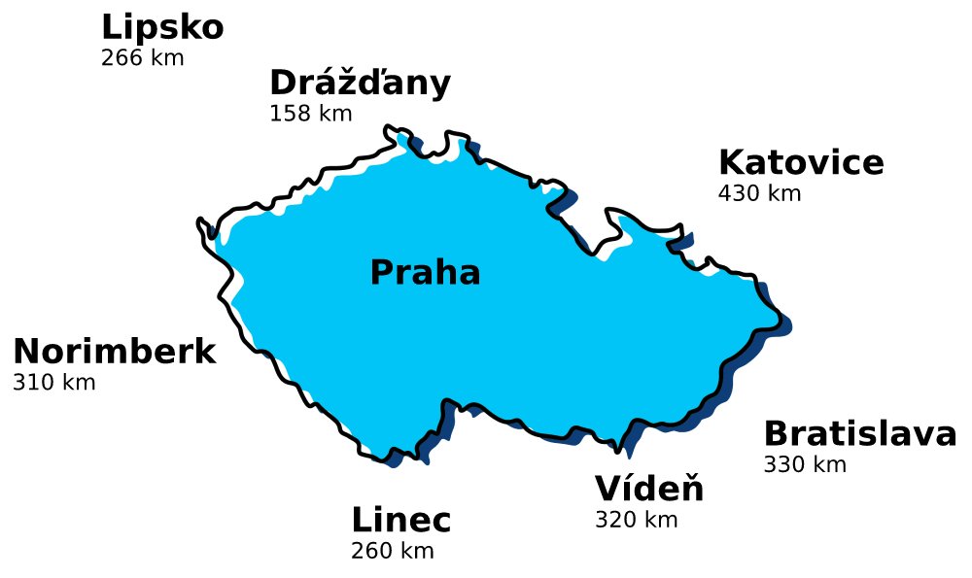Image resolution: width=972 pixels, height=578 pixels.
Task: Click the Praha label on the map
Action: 425,273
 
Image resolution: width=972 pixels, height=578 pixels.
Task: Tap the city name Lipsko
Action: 162,28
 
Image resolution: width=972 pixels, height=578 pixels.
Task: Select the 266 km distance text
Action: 142,57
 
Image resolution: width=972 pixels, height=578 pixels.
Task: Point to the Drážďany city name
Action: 360,84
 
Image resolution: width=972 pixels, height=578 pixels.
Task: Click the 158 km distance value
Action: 310,114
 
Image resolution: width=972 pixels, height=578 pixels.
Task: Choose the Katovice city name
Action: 801,163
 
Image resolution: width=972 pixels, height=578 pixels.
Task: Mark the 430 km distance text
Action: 759,193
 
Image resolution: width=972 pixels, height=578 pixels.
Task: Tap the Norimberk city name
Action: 114,352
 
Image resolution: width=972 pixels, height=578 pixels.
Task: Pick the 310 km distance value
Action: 54,382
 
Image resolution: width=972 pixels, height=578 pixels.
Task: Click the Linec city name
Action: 400,521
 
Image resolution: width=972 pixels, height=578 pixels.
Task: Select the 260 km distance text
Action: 392,552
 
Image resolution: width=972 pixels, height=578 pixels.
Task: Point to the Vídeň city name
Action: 649,489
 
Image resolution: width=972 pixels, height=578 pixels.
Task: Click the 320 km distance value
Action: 636,520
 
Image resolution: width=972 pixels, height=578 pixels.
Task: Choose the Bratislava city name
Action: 859,434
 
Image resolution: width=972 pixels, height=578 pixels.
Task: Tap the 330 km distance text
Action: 805,464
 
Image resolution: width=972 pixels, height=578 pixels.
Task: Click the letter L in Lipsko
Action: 110,28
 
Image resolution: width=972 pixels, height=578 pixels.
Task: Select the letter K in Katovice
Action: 730,163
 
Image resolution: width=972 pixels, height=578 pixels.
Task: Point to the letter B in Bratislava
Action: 776,434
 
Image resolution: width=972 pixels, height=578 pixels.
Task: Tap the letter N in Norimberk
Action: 26,352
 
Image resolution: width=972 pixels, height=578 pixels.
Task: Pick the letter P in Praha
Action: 382,273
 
